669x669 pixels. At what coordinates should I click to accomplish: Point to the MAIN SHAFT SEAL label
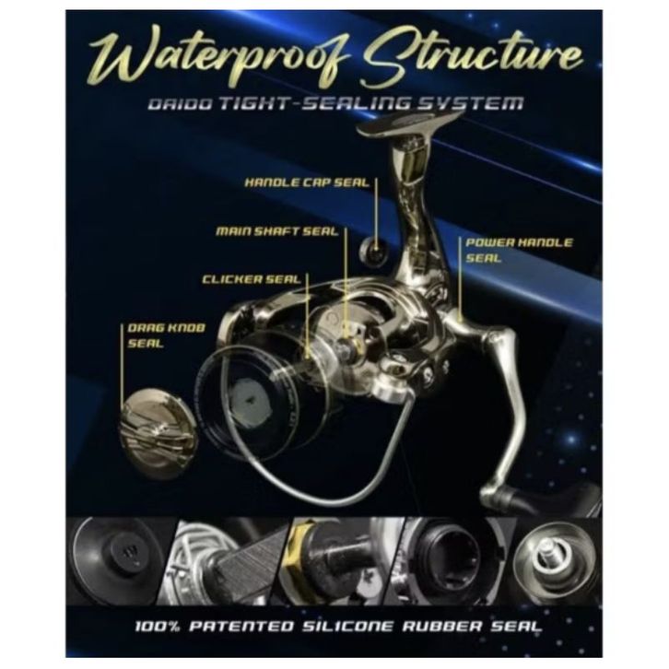coord(276,230)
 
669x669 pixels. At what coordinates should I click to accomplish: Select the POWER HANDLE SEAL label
coord(519,250)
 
